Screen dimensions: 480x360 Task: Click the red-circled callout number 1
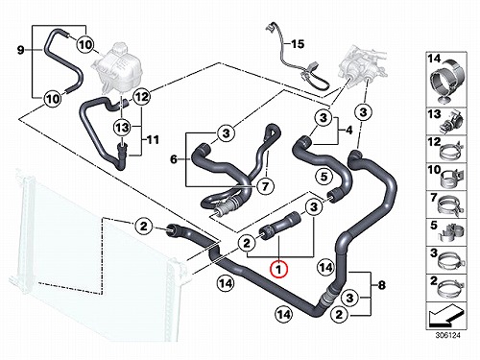279,270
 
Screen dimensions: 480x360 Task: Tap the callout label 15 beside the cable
298,44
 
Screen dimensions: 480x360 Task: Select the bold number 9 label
20,50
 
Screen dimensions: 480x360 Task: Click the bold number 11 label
153,140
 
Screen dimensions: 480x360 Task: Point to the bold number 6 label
174,159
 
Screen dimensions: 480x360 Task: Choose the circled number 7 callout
265,185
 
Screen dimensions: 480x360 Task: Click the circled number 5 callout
324,177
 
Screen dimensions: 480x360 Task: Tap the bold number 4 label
349,131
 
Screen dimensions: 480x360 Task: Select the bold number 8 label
382,285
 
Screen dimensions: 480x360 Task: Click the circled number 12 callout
141,96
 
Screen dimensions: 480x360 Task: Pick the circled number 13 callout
122,128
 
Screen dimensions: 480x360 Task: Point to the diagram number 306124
447,336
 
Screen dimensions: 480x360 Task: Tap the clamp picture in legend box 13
450,122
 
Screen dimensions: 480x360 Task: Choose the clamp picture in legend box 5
449,233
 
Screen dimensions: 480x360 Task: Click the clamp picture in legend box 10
451,179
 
